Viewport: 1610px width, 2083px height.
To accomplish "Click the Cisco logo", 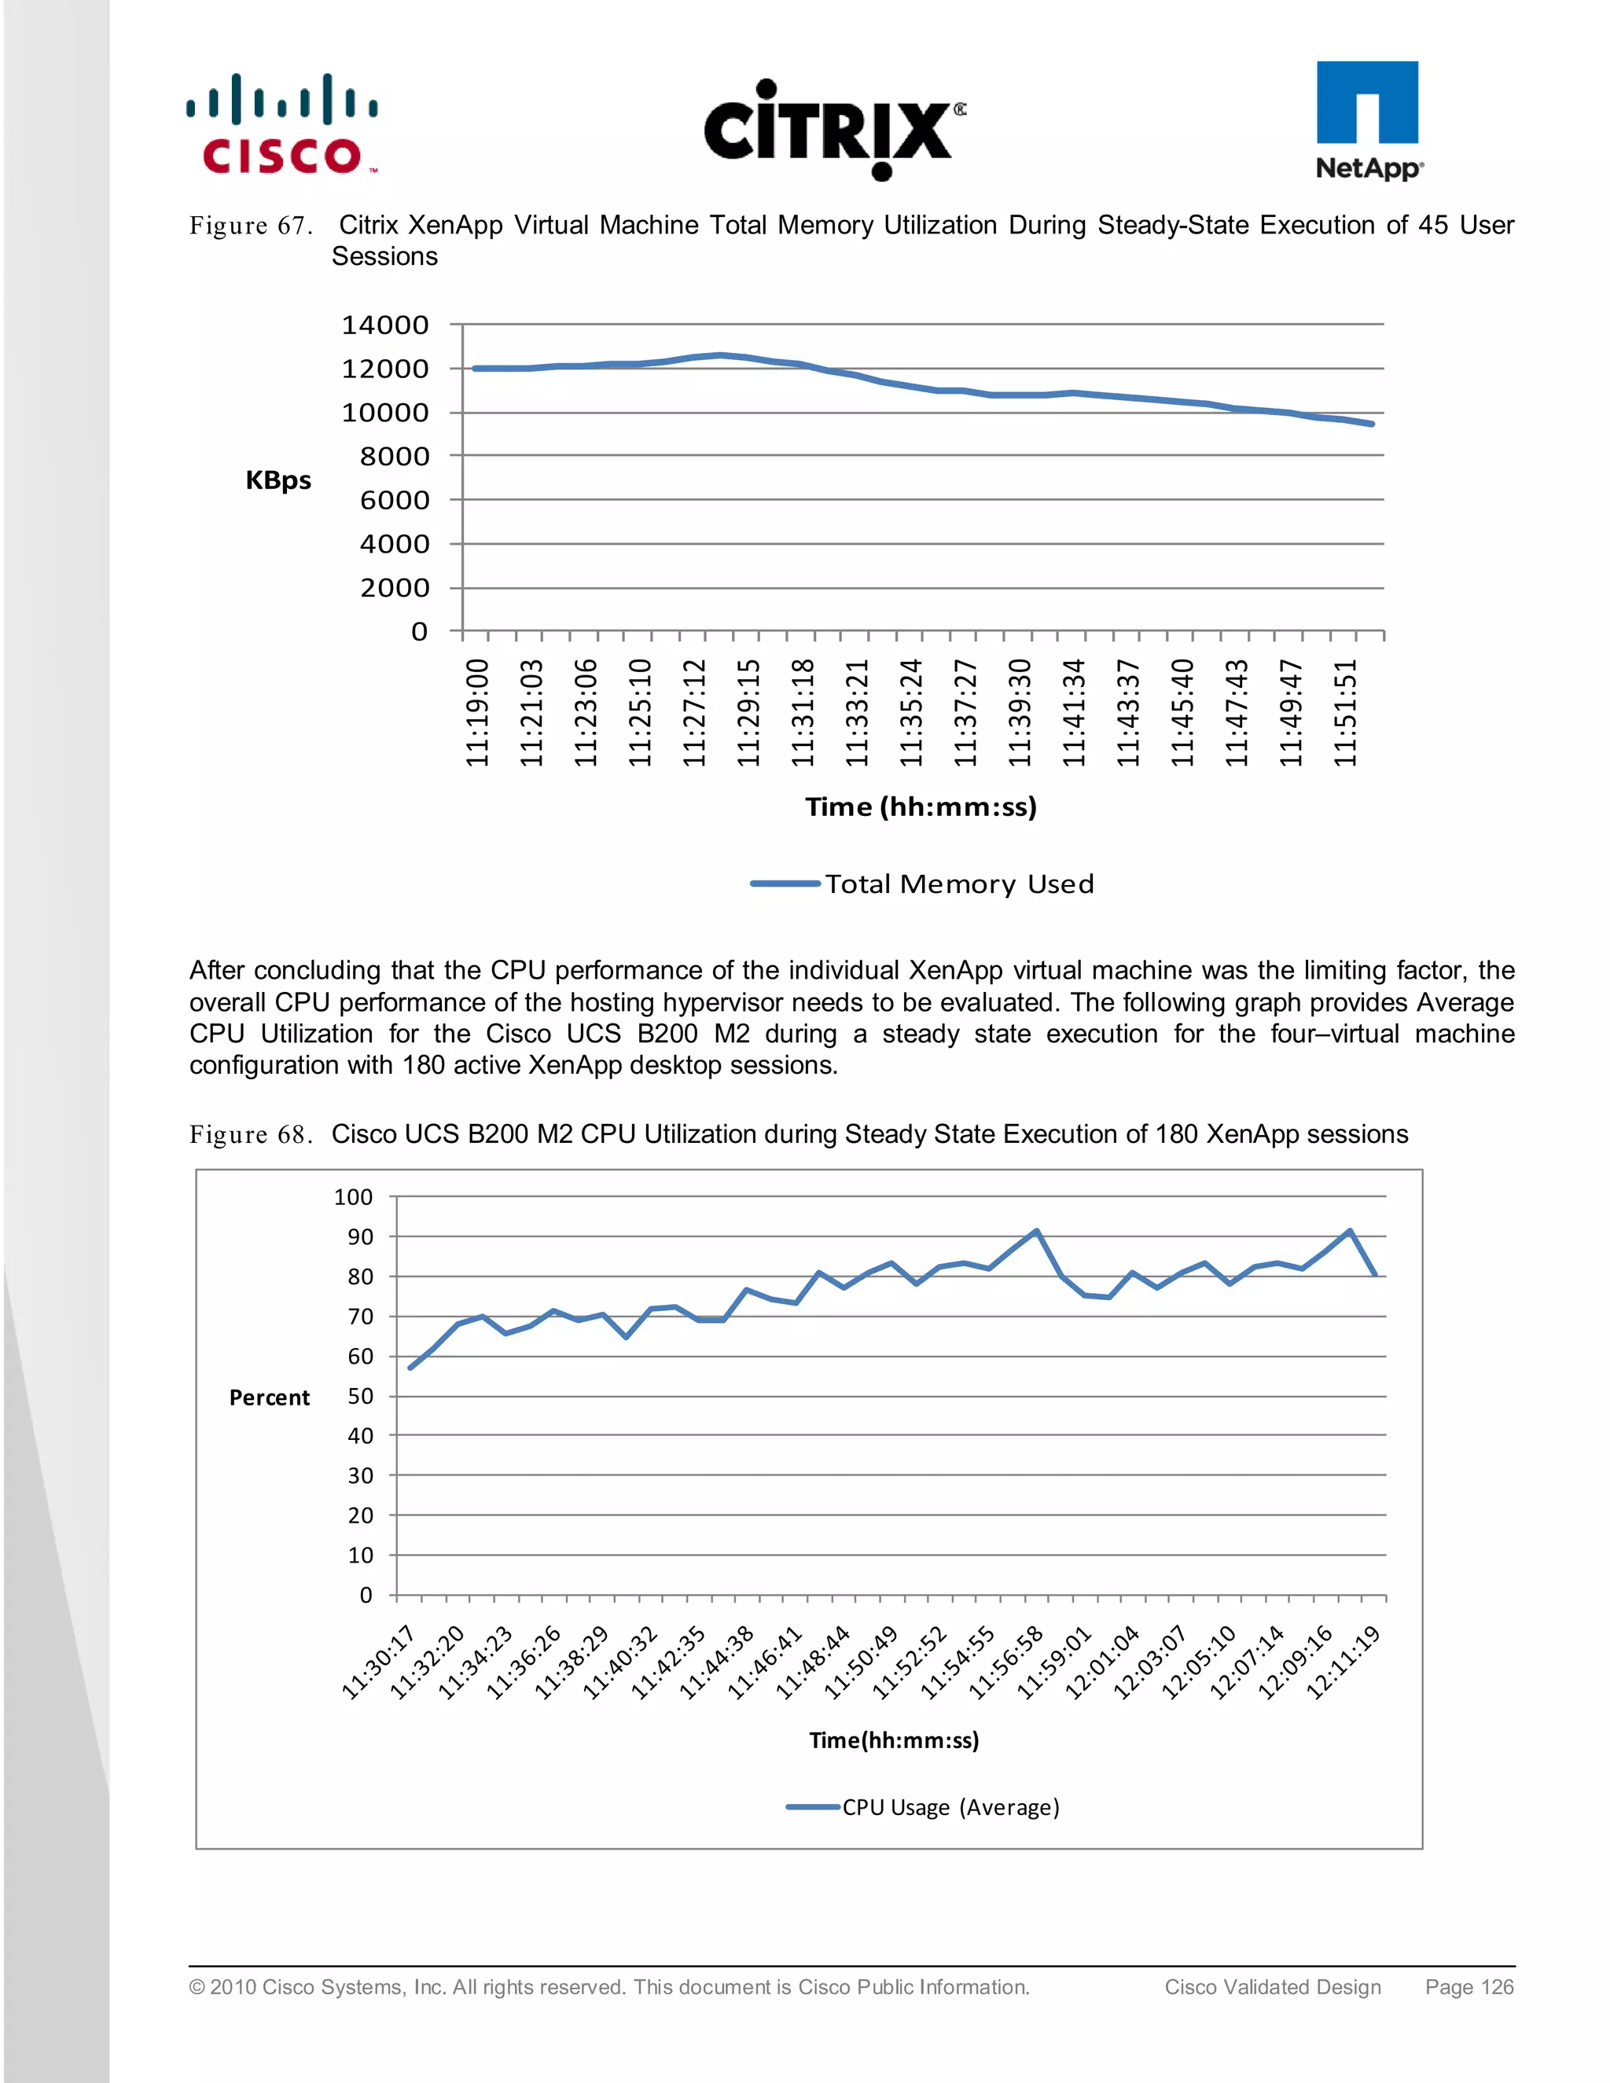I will click(282, 124).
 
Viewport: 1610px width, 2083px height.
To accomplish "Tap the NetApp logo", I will click(1368, 120).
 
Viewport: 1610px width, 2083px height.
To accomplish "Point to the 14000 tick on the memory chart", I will click(385, 325).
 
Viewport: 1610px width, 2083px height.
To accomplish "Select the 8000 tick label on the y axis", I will click(394, 457).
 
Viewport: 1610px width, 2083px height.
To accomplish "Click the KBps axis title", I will click(278, 479).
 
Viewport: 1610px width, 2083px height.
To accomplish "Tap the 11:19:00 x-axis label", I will click(477, 712).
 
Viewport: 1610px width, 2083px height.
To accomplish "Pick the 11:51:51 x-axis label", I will click(1345, 712).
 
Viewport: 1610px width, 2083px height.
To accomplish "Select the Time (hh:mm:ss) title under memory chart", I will click(921, 807).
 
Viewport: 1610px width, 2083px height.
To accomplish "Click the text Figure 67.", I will click(251, 226).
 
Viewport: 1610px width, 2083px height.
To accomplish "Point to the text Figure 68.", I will click(251, 1135).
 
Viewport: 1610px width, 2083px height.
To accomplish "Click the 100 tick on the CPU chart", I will click(353, 1198).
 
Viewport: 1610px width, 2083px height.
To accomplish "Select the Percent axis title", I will click(269, 1398).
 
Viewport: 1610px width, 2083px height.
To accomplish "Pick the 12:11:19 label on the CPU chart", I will click(1344, 1663).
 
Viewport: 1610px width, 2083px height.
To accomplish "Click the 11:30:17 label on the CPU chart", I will click(379, 1663).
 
